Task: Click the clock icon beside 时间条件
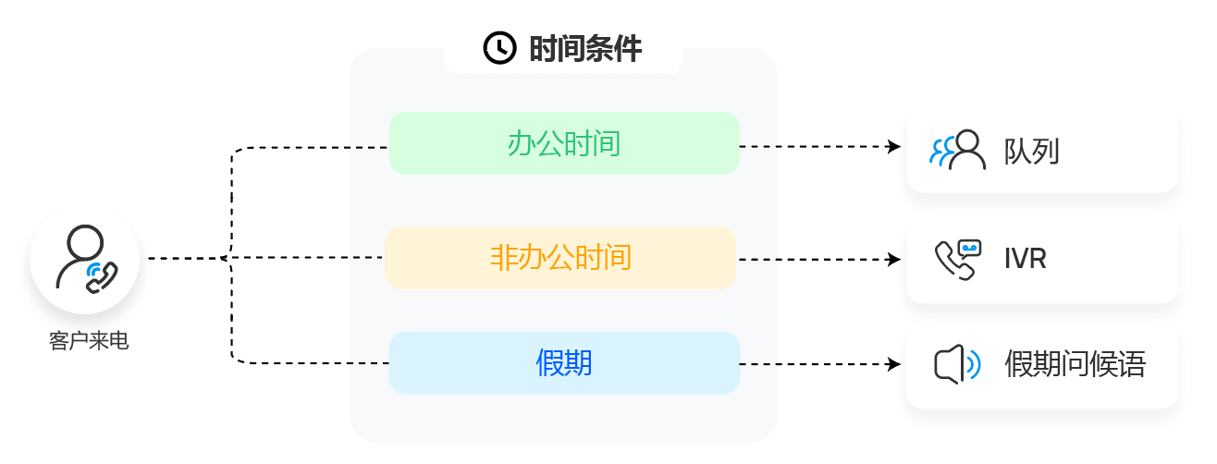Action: point(499,48)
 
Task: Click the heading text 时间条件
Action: point(584,48)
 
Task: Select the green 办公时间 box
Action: point(564,143)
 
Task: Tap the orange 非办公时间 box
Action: point(560,258)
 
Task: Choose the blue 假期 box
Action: point(564,363)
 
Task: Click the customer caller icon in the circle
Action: point(84,259)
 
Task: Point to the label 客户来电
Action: point(88,342)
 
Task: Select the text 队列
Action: point(1031,152)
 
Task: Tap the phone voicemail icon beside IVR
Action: point(957,260)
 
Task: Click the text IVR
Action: point(1025,260)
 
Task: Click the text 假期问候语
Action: point(1075,365)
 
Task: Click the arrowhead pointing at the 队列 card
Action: point(894,146)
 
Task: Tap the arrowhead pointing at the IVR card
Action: point(894,260)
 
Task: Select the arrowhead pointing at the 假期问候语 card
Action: point(894,364)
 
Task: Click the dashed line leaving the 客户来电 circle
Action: point(185,259)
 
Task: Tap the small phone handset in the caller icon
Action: point(102,276)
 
